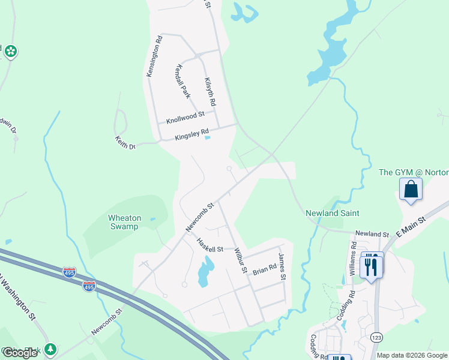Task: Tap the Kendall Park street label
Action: pos(183,82)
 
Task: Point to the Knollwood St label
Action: pos(185,113)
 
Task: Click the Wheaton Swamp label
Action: pos(124,222)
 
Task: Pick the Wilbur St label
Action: pos(241,260)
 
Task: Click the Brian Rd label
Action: pos(265,269)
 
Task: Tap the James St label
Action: pos(282,268)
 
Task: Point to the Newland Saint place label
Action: pos(332,213)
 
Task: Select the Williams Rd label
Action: pos(353,255)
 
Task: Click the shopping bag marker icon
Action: pos(411,190)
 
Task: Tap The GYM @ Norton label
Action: pos(414,172)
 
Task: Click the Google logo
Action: pos(20,353)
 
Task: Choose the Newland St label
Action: pos(372,233)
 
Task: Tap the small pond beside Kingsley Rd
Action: pos(208,138)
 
